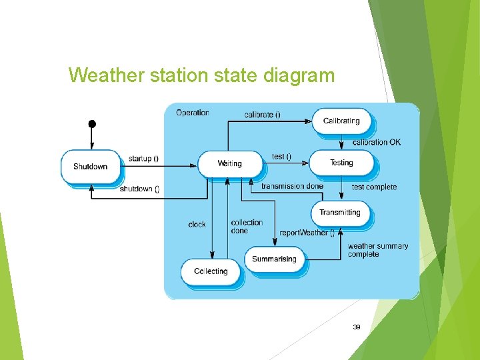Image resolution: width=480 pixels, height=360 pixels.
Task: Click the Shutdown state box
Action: [90, 167]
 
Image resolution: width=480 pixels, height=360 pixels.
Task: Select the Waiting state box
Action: [229, 163]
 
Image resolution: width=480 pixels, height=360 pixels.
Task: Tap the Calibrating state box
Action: [341, 121]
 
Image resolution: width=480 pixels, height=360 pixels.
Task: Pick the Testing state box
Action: [341, 163]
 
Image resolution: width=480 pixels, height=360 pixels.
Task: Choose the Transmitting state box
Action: [339, 213]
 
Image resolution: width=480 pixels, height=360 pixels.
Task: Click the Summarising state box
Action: [274, 259]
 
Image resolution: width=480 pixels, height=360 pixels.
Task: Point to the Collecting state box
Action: [211, 271]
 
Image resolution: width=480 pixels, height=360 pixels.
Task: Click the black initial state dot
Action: [92, 124]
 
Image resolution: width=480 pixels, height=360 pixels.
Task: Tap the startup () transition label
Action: [143, 159]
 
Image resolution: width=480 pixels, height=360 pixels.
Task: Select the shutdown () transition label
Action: [139, 189]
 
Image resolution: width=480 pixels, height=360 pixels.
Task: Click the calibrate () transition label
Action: [262, 115]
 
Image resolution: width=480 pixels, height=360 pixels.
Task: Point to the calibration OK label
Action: [377, 142]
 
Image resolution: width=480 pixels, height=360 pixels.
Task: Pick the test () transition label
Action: [281, 157]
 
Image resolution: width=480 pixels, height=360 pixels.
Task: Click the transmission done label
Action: [292, 186]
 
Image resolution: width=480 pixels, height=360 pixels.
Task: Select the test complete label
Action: [374, 187]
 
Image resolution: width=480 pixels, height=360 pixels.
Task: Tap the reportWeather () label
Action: [307, 233]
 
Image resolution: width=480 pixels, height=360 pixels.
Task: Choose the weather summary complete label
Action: [377, 250]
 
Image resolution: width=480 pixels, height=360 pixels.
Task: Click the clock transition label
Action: [197, 225]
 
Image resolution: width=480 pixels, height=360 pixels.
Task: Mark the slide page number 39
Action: [357, 327]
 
